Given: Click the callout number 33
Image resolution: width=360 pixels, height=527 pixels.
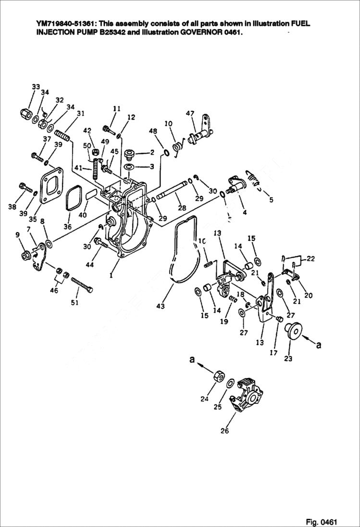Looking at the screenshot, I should click(36, 86).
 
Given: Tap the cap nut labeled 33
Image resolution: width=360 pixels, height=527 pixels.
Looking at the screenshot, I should click(27, 114).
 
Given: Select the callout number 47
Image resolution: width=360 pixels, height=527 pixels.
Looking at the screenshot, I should click(190, 113).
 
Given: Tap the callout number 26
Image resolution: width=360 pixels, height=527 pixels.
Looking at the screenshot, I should click(224, 431).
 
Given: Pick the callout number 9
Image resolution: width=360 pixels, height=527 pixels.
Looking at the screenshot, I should click(17, 234).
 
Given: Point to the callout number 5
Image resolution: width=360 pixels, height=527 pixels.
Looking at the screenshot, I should click(271, 199).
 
